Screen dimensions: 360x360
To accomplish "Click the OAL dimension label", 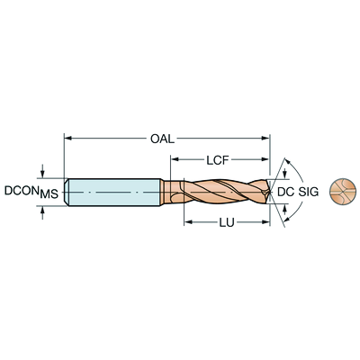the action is [x=162, y=139].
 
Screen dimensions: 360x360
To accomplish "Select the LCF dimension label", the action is [x=218, y=160].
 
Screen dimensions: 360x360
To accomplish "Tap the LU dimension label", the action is [x=227, y=222].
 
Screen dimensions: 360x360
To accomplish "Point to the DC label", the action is [x=285, y=192].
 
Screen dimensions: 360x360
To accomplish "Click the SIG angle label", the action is [x=308, y=192].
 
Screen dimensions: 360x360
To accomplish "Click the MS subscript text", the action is [x=49, y=194].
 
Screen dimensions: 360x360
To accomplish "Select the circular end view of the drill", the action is [x=343, y=192].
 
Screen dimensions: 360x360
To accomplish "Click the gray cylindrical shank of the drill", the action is [x=114, y=192].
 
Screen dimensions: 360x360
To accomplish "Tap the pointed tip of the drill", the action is [x=270, y=192].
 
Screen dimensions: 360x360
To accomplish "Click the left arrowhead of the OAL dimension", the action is [x=68, y=138].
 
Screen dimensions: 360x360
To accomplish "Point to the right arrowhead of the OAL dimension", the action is [x=265, y=138].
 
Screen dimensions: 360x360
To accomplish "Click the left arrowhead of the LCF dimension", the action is [x=175, y=159].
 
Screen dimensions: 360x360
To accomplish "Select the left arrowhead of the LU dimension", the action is [x=188, y=222].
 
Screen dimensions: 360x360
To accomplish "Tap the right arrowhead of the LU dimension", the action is [x=265, y=222].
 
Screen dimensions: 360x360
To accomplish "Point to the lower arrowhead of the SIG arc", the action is [x=287, y=220].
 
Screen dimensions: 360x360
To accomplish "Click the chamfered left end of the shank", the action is [x=67, y=192].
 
